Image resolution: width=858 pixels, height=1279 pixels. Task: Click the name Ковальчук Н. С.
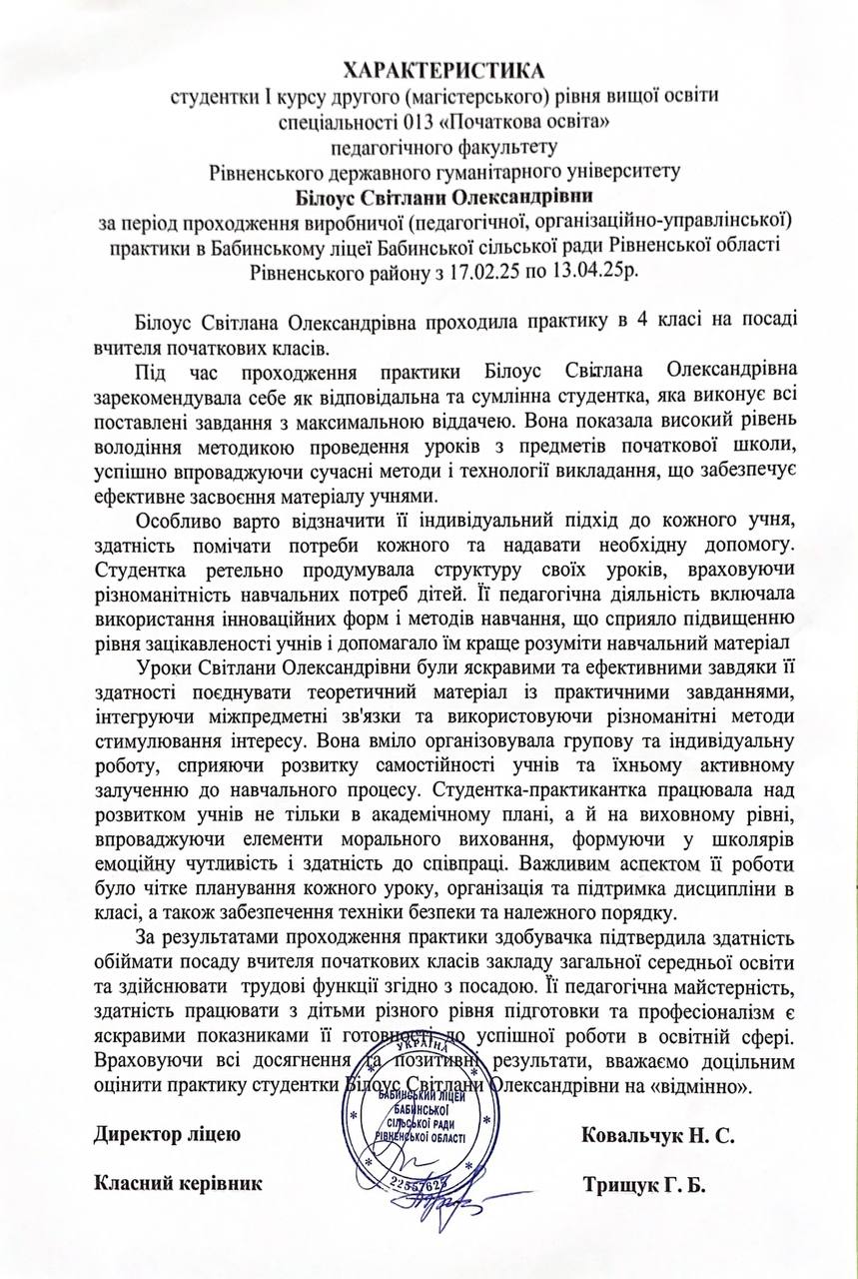tap(657, 1137)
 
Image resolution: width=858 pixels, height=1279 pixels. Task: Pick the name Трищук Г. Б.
tap(642, 1186)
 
